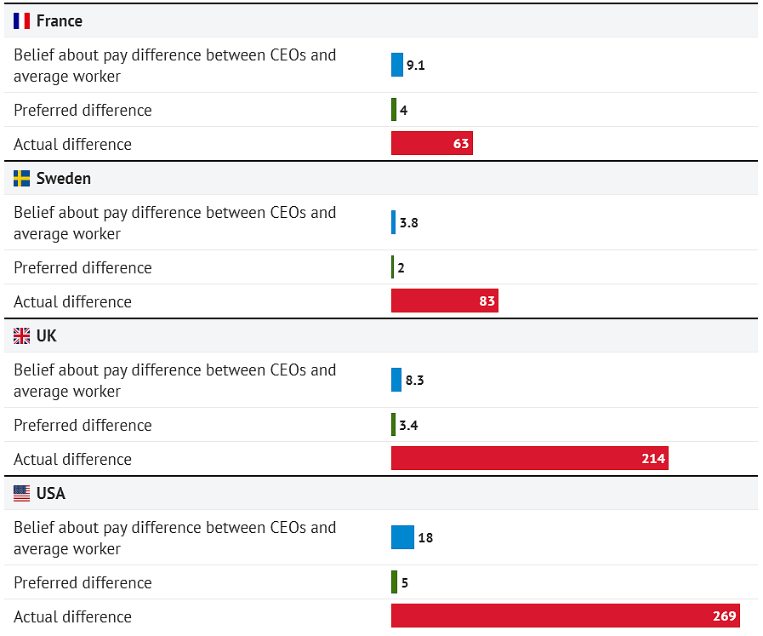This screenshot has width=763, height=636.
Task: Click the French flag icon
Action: [21, 21]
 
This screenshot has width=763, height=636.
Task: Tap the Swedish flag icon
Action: [21, 178]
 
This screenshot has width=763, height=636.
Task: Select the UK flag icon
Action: [21, 336]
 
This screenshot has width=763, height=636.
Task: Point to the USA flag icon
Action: [21, 493]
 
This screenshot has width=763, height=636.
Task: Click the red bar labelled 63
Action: [432, 143]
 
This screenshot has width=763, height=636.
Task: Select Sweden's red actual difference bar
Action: [445, 301]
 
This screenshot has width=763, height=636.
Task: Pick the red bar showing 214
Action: [530, 458]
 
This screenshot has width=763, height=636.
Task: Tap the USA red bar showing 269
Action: [566, 616]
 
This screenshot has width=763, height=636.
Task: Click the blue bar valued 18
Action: [403, 537]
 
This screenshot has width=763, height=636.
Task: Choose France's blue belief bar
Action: [397, 65]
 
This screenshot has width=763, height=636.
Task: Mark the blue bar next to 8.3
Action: [396, 380]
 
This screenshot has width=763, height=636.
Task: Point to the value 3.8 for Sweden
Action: [409, 222]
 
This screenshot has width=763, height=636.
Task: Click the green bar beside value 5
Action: [394, 582]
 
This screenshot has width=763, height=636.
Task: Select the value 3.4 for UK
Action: [409, 425]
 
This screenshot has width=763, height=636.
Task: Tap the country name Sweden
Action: [64, 178]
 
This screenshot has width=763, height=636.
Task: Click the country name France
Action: [60, 21]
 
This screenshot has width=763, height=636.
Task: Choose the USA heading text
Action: [51, 493]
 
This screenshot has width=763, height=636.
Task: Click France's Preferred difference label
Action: [83, 110]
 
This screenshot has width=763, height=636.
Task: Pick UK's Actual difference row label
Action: [72, 459]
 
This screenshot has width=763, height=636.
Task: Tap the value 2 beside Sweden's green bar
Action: [401, 268]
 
